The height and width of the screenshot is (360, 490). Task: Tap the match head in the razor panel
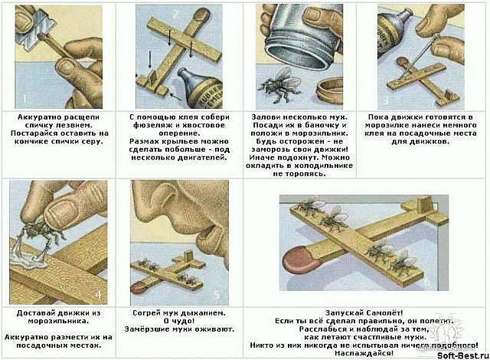point(41,37)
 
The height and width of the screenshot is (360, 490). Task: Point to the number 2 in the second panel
point(175,15)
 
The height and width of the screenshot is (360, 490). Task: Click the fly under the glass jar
point(280,84)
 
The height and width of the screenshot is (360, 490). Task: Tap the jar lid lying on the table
point(328,91)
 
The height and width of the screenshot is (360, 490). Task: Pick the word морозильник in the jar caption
point(318,133)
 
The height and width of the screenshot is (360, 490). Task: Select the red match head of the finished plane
point(297,259)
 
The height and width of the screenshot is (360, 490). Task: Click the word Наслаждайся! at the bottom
point(364,353)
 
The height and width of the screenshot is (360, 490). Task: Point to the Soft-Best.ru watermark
point(462,355)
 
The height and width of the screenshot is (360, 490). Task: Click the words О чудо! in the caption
point(179,321)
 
